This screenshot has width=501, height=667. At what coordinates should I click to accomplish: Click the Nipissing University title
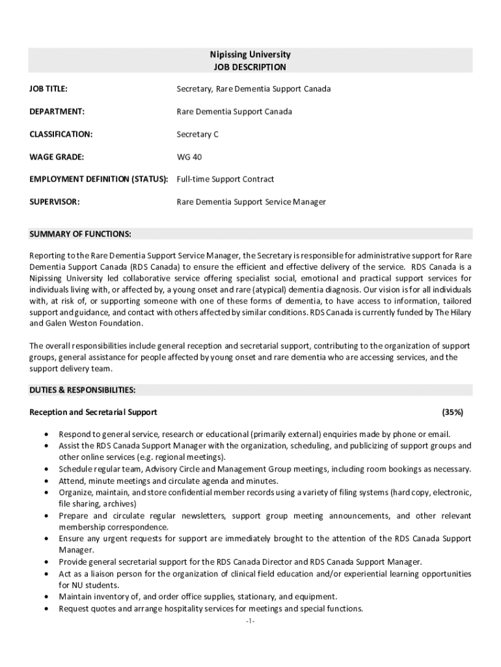coord(250,55)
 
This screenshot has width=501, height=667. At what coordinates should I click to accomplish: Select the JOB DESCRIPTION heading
coord(250,67)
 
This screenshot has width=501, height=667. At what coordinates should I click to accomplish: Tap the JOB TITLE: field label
coord(49,89)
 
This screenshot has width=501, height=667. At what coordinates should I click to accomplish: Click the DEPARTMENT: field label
coord(57,111)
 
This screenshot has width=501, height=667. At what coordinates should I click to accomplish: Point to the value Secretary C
coord(198,134)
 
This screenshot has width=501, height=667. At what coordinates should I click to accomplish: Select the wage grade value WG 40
coord(189,156)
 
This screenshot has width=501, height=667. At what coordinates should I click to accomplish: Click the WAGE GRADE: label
coord(57,156)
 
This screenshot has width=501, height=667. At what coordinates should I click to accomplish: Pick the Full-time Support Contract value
coord(225,179)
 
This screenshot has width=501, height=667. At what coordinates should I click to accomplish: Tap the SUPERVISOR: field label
coord(55,202)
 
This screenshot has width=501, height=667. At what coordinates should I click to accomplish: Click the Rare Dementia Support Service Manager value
coord(251,202)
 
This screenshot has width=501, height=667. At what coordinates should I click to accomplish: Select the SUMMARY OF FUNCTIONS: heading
coord(81,234)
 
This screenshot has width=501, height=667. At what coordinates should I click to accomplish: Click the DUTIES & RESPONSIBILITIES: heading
coord(83,390)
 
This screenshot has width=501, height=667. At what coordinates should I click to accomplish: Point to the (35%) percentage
coord(452,412)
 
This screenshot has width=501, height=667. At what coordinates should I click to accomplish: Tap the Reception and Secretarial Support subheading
coord(93,412)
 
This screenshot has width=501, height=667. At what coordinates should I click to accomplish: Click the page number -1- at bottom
coord(251,622)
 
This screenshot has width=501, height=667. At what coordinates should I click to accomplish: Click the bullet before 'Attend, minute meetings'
coord(46,481)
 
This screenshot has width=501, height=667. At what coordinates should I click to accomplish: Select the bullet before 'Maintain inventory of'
coord(46,597)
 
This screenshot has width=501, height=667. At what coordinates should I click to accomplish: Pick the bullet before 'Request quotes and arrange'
coord(46,608)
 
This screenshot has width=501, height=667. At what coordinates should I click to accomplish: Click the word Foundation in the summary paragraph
coord(120,323)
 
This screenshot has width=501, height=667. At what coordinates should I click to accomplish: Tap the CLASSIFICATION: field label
coord(61,134)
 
